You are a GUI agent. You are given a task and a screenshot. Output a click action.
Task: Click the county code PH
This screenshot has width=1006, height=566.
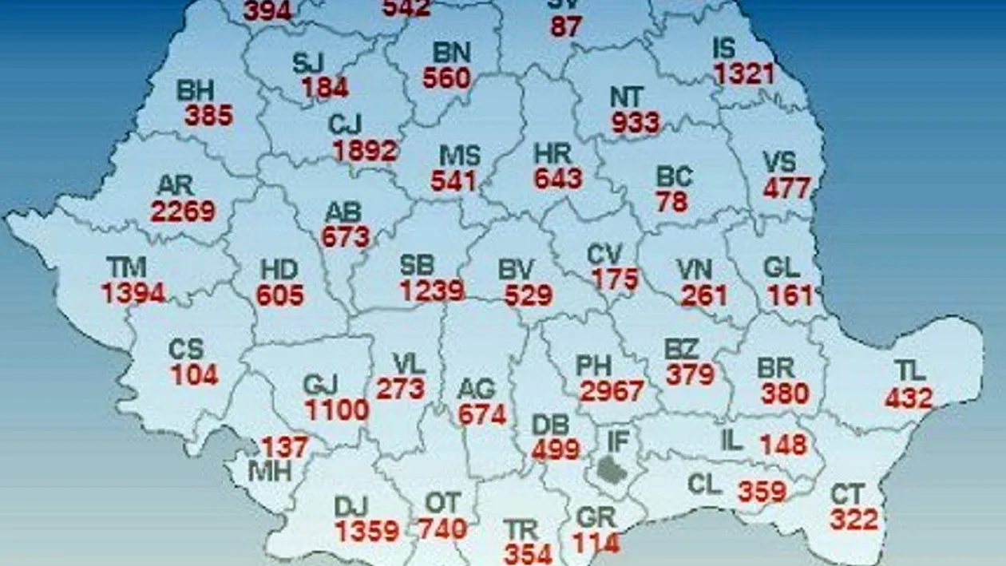coord(594,366)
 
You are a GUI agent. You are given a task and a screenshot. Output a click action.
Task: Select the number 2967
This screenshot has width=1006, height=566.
coord(612,391)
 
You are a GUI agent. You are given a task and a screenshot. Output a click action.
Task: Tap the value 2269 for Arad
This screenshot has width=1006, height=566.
coord(183,211)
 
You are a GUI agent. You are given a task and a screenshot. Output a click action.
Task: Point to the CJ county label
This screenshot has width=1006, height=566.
coord(345,125)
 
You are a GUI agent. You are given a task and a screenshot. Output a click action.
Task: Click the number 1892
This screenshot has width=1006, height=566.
coord(366,150)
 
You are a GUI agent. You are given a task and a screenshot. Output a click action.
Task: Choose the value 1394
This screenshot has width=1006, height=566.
coord(133,293)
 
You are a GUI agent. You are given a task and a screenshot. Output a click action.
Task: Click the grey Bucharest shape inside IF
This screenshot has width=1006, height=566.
coord(612,470)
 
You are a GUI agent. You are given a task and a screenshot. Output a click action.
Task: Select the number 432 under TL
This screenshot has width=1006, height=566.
coord(909,397)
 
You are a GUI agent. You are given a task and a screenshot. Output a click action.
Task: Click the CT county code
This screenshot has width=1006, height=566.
coord(847,494)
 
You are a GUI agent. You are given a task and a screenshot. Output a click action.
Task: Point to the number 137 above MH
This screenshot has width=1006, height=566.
coord(284,447)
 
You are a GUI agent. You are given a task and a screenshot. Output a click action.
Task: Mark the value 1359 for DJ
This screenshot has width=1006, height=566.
coord(367,531)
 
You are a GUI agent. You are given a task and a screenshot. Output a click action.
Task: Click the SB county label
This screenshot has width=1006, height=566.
coord(418,266)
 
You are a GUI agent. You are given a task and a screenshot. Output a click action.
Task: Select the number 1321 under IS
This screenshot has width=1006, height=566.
coord(744,73)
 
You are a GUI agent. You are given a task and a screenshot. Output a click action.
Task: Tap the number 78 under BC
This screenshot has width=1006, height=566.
coord(671,202)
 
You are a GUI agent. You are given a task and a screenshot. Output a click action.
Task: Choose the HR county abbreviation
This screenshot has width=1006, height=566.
coord(552,152)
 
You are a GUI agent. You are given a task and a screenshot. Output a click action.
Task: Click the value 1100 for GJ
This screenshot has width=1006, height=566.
coord(337,410)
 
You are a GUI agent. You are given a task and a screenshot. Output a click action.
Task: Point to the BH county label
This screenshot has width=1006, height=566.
coord(195,89)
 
